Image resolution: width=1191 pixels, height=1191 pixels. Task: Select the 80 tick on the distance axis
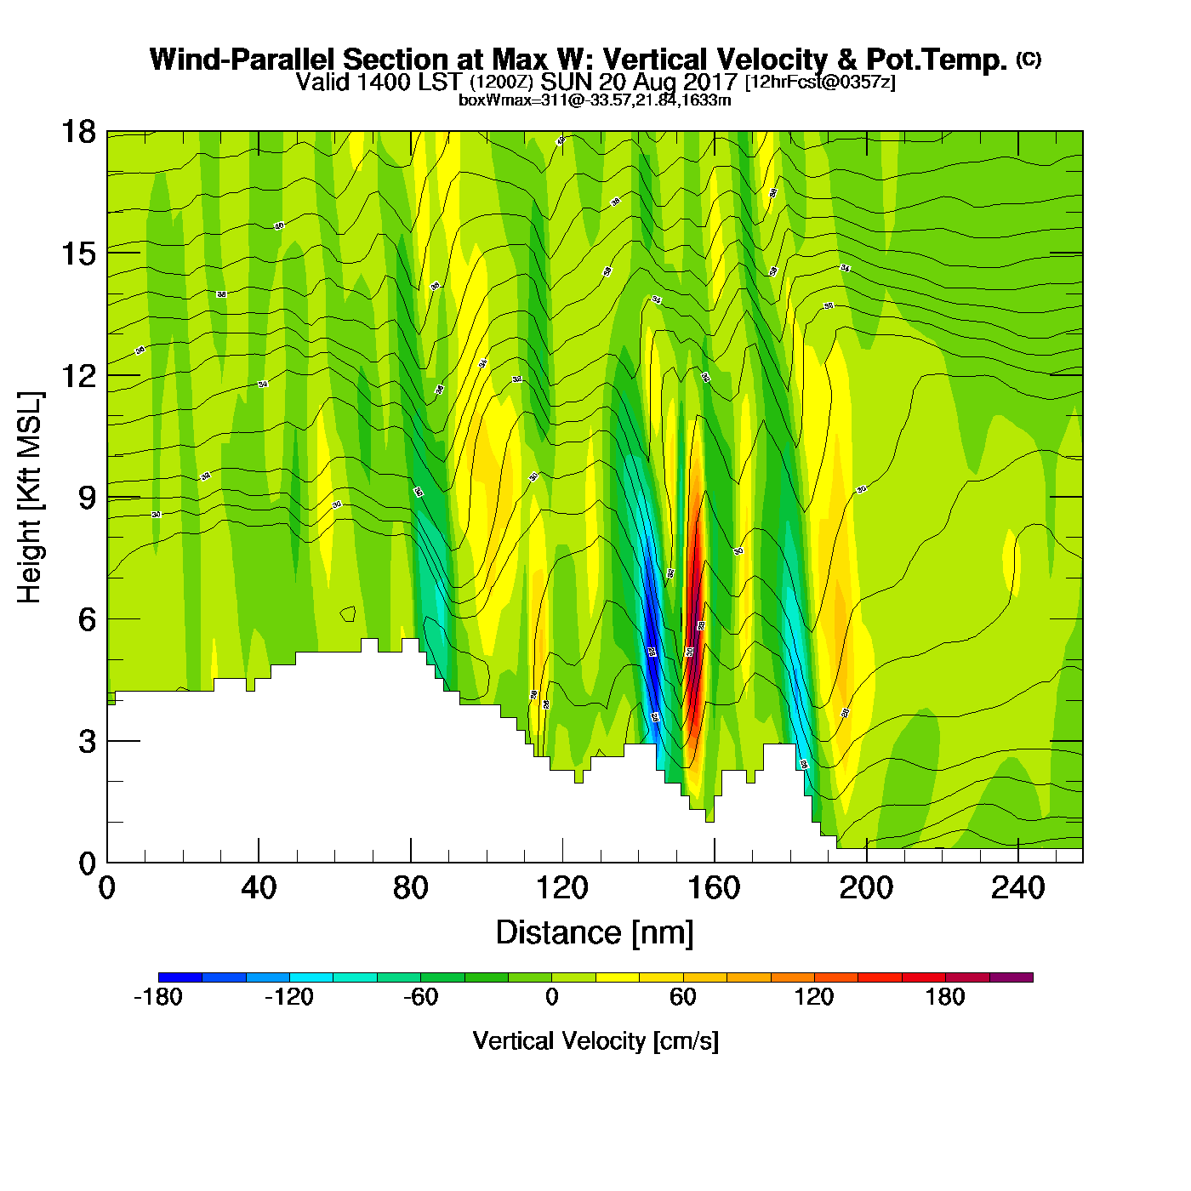[x=410, y=888]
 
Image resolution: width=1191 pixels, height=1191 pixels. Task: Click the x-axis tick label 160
[x=714, y=888]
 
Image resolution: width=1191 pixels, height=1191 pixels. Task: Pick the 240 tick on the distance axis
[x=1017, y=888]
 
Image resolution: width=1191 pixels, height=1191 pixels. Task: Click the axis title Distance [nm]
[x=595, y=933]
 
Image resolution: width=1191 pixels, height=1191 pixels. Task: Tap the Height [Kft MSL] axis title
[x=30, y=498]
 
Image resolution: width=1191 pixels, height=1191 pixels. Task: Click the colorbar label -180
[x=158, y=997]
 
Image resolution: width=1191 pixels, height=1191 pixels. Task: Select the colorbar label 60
[x=682, y=997]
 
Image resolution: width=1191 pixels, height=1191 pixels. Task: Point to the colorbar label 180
[x=944, y=997]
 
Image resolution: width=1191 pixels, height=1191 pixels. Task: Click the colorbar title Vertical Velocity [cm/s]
[x=595, y=1040]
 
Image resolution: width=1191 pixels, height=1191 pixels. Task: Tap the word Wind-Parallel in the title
[x=244, y=60]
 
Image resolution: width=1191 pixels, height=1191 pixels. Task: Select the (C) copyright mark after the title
[x=1028, y=59]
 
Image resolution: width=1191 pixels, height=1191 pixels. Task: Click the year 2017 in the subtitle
[x=708, y=83]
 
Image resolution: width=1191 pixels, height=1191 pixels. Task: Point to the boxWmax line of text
[x=595, y=100]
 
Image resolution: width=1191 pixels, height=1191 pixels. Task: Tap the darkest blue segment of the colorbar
[x=180, y=977]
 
